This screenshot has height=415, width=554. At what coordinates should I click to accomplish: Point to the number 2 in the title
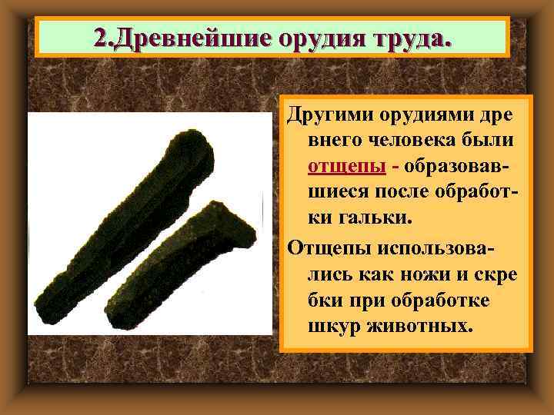99,36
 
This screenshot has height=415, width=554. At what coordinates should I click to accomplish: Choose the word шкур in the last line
331,326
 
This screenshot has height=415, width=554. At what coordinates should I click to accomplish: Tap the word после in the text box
407,193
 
